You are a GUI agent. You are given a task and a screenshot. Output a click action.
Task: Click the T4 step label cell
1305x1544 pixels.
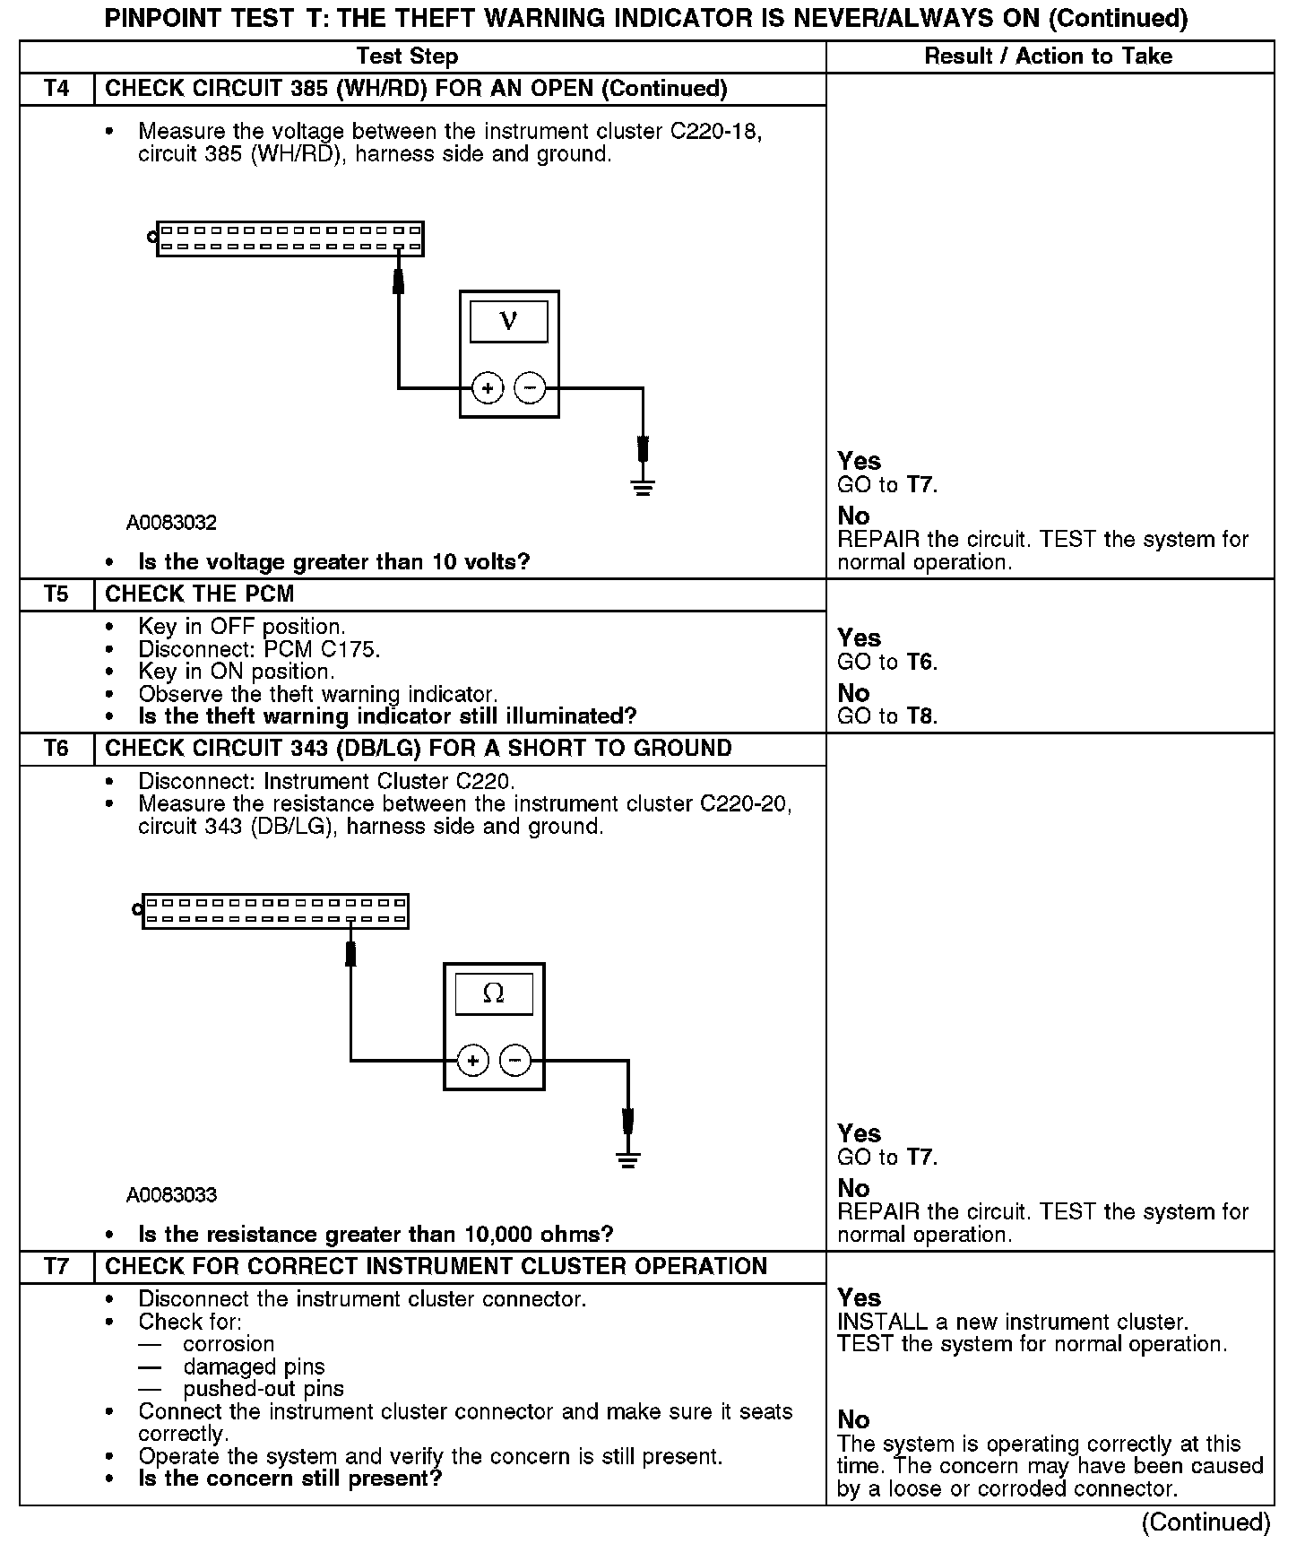(x=56, y=89)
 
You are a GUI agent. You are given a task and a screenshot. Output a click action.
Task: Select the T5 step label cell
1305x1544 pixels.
(x=56, y=594)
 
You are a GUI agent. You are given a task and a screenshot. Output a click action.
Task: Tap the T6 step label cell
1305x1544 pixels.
(x=56, y=749)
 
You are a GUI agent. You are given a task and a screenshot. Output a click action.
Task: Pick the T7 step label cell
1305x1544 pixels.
(x=56, y=1266)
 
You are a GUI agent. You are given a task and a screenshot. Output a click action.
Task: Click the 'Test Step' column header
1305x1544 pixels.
(x=407, y=56)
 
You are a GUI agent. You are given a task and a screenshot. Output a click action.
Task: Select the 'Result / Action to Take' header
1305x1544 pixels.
(x=1048, y=56)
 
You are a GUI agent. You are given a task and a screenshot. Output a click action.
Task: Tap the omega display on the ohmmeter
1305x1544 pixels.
(x=493, y=994)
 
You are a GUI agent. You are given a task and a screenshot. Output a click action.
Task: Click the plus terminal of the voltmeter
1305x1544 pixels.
(x=488, y=388)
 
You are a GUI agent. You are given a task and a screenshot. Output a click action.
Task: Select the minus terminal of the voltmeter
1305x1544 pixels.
(x=530, y=388)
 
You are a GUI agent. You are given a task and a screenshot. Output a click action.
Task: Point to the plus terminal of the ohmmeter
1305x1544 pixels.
(x=472, y=1061)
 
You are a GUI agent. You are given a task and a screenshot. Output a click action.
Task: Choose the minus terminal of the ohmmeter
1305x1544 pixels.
(x=514, y=1061)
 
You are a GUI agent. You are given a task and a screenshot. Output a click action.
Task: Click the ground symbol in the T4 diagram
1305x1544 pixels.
(x=643, y=488)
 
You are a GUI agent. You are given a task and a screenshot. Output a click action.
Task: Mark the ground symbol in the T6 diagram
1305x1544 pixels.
(x=628, y=1160)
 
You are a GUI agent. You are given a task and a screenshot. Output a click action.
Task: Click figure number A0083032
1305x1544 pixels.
(x=171, y=523)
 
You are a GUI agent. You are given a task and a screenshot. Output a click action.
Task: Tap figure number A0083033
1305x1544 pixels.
(x=171, y=1195)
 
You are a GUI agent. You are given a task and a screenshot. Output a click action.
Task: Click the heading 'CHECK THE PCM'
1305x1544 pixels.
(x=199, y=594)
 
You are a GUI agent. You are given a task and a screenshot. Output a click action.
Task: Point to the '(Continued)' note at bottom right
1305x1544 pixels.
(x=1206, y=1522)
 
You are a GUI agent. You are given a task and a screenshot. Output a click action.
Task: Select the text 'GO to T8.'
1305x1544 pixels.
(x=887, y=716)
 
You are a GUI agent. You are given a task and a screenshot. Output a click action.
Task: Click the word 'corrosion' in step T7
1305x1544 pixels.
(x=229, y=1344)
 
